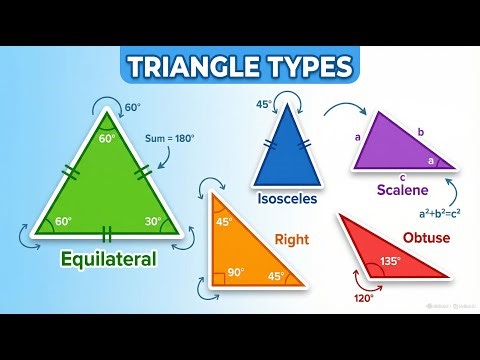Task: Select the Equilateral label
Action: pos(108,259)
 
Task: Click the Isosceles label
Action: pos(285,198)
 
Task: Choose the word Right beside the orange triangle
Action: pos(291,239)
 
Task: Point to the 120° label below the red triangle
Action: pos(362,297)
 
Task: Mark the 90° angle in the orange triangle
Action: pos(236,270)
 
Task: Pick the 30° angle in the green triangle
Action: pos(151,222)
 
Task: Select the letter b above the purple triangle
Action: pos(420,131)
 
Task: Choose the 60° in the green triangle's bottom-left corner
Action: pos(63,221)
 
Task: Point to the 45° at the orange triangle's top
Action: pos(225,221)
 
